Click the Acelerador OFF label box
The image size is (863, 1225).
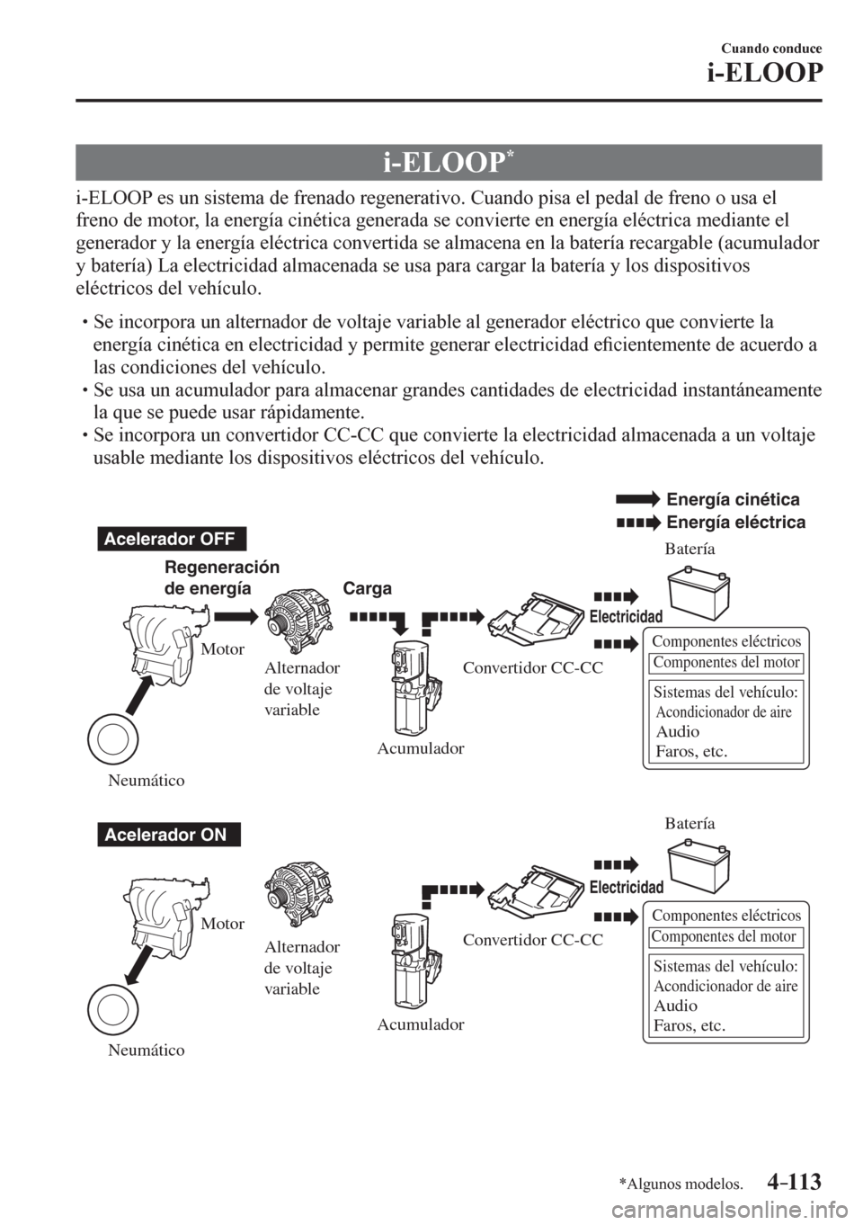[172, 540]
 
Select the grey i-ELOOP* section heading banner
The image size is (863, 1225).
[449, 162]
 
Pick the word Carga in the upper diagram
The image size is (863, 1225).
[368, 589]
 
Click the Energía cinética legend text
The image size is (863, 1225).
[733, 499]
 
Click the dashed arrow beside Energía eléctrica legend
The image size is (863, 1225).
[638, 523]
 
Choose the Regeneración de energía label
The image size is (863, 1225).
[222, 577]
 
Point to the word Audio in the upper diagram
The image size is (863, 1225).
[678, 732]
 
